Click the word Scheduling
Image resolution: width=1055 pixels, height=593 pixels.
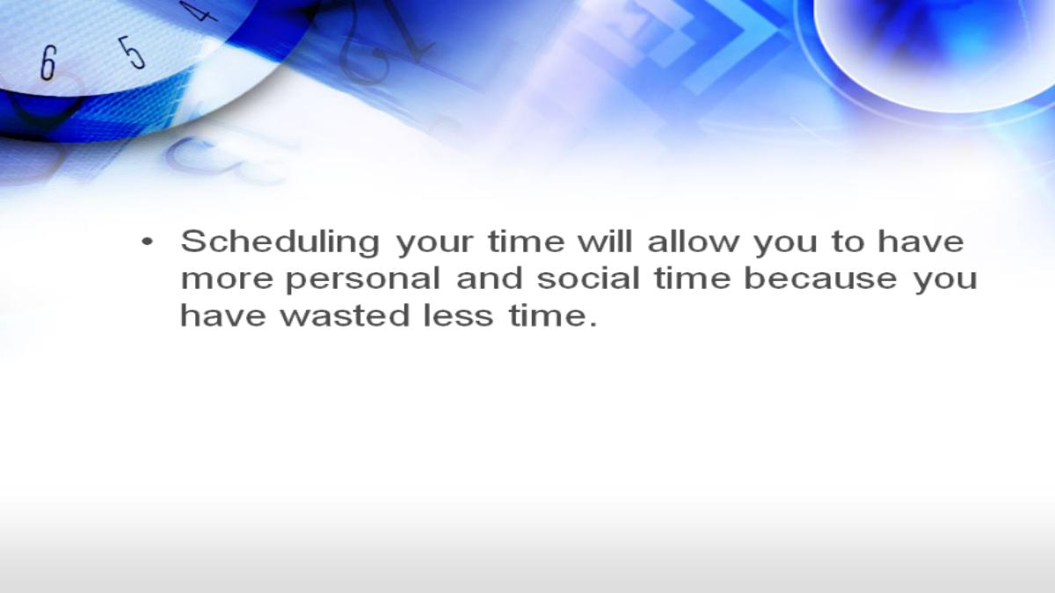[x=280, y=243]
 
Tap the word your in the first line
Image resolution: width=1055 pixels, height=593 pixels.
[x=435, y=246]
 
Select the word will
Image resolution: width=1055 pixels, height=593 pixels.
[x=605, y=241]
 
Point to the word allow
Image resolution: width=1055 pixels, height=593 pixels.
[x=694, y=241]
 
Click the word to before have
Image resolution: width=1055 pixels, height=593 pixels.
[x=848, y=242]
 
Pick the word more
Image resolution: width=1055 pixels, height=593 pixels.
[x=227, y=280]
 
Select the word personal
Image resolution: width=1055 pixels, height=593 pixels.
[x=363, y=279]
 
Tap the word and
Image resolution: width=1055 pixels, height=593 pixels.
[x=490, y=278]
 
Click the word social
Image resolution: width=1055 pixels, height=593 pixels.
[x=588, y=278]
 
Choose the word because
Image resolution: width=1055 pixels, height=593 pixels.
[x=821, y=278]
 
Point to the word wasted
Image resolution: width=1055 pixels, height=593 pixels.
[x=345, y=315]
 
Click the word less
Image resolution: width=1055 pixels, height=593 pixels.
[x=458, y=315]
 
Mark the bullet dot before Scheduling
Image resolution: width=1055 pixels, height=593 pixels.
[x=148, y=242]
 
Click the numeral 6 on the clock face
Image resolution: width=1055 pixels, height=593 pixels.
[x=48, y=62]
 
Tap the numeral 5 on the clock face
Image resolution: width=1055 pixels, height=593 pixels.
[x=132, y=53]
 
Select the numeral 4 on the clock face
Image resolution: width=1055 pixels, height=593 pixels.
[x=199, y=11]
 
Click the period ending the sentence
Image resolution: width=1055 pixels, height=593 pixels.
[x=593, y=324]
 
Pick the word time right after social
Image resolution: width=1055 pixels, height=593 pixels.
[x=693, y=278]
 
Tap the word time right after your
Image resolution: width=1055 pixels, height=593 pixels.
[x=526, y=241]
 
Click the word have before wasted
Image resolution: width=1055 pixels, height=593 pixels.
[x=223, y=315]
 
